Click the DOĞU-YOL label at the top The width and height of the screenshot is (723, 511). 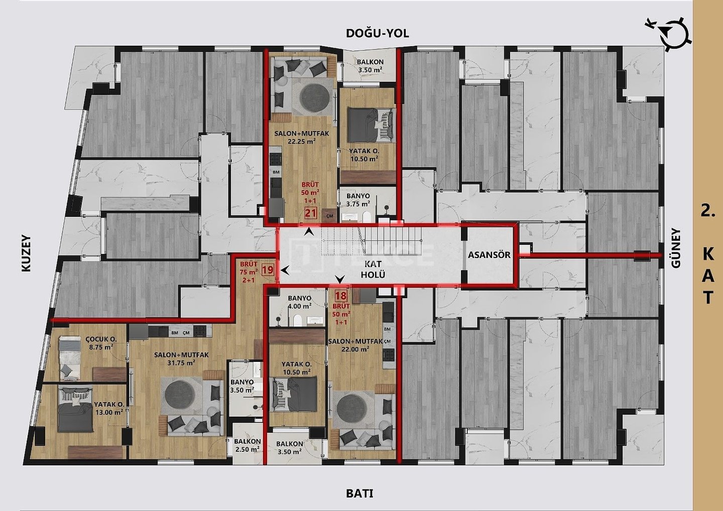[378, 33]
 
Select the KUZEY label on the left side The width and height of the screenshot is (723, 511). [26, 253]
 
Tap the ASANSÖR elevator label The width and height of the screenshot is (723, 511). [490, 255]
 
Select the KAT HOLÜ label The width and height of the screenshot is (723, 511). [373, 269]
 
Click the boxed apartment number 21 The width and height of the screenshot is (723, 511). [311, 213]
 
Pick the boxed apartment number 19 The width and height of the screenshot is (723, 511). [268, 270]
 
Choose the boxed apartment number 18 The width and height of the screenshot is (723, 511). [341, 296]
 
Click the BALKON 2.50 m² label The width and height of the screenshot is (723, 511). [247, 445]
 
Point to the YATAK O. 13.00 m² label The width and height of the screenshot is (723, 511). [109, 408]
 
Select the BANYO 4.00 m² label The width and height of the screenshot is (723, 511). [300, 302]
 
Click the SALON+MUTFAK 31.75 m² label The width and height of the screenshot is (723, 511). [181, 358]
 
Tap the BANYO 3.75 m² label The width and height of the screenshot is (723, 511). [358, 200]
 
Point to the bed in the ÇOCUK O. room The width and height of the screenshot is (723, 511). [70, 358]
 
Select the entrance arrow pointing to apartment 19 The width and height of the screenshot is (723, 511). [285, 270]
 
